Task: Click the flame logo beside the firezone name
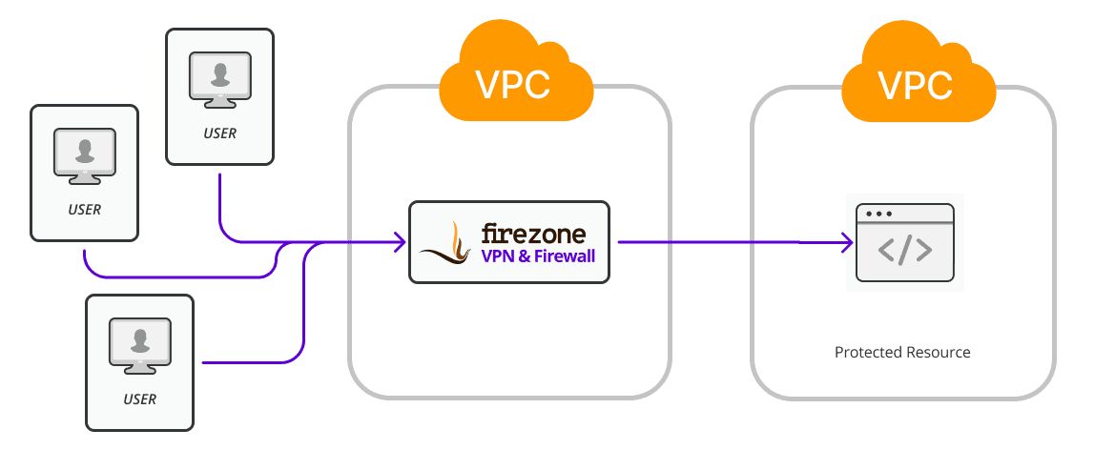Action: tap(447, 243)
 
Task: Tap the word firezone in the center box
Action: tap(533, 233)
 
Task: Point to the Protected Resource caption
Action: tap(902, 353)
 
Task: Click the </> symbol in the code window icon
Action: tap(904, 250)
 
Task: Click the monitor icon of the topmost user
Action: tap(219, 80)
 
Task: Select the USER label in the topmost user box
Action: tap(219, 133)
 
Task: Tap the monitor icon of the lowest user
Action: tap(140, 346)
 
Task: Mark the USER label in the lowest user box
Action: tap(140, 399)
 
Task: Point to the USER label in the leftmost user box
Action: tap(85, 210)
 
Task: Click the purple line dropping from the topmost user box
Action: tap(220, 205)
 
